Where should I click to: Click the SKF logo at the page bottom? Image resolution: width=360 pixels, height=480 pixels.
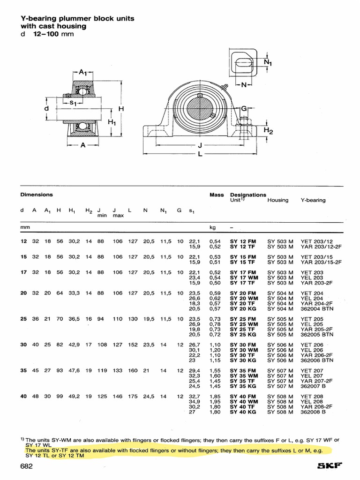click(331, 466)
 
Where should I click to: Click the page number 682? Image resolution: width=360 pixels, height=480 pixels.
click(27, 466)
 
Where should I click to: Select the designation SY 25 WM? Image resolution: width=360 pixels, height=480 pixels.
click(244, 324)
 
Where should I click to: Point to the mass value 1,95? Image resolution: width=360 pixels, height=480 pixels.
click(215, 402)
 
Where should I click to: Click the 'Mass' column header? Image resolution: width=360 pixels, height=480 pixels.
click(217, 195)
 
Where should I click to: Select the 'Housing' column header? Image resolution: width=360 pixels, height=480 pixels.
click(278, 200)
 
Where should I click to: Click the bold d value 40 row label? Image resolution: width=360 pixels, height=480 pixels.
click(23, 397)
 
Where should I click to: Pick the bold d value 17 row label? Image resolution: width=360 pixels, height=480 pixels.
click(23, 272)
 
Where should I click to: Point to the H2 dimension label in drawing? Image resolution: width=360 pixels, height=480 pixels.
click(268, 131)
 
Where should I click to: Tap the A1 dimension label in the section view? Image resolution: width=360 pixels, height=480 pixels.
click(83, 72)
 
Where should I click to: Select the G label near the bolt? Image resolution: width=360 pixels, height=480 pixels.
click(244, 109)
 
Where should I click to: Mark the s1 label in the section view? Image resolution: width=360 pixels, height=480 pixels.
click(73, 103)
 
